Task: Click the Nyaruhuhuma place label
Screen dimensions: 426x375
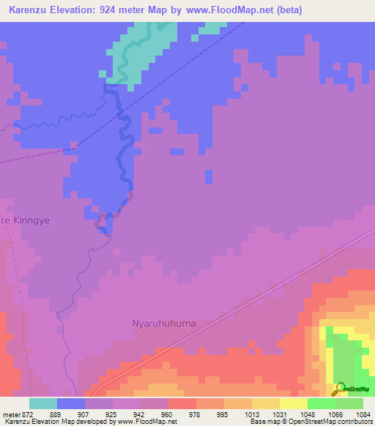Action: click(164, 322)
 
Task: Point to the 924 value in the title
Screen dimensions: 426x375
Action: click(127, 10)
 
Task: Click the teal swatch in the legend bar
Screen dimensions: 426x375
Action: click(43, 403)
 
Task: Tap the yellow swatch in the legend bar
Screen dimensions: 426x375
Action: click(293, 403)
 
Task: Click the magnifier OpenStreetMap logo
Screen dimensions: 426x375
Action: click(340, 389)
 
